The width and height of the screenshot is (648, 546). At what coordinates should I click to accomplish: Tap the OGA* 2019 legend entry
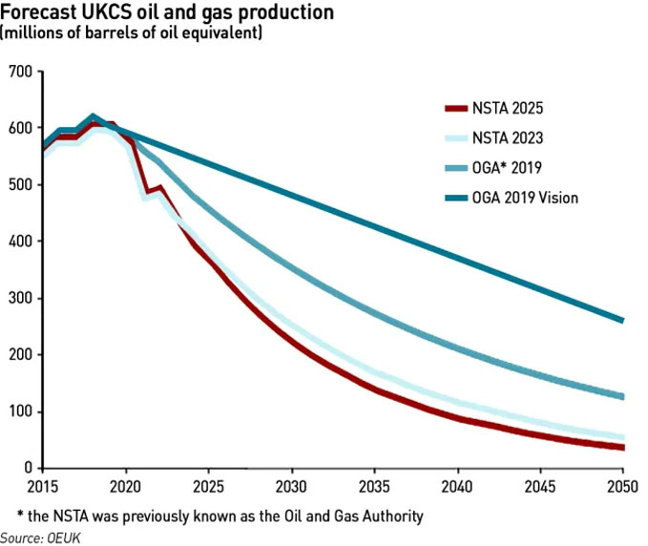487,168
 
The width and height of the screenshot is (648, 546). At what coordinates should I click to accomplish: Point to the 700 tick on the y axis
20,72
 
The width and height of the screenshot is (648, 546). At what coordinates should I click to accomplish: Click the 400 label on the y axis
20,241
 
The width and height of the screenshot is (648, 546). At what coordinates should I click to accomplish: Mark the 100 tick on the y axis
20,411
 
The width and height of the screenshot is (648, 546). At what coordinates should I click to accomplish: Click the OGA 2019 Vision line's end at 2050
622,321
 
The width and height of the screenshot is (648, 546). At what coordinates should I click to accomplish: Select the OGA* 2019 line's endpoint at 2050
622,397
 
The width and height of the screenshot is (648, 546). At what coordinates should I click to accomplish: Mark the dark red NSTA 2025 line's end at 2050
622,448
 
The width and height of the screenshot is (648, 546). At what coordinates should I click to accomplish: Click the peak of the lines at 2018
93,118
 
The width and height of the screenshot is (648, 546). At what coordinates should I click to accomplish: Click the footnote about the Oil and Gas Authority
219,515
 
